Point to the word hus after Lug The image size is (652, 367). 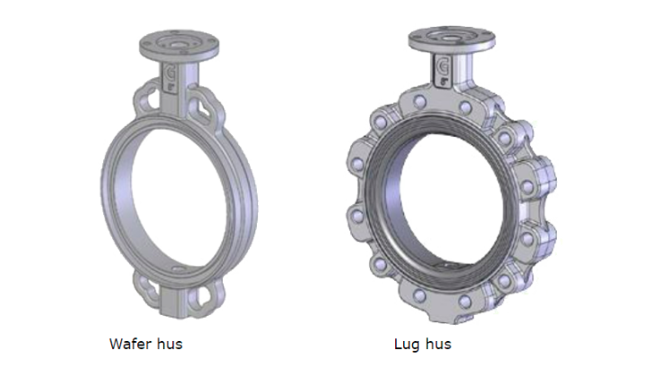coord(437,344)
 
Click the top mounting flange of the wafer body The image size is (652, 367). coord(179,45)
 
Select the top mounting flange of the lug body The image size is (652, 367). coord(451,38)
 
